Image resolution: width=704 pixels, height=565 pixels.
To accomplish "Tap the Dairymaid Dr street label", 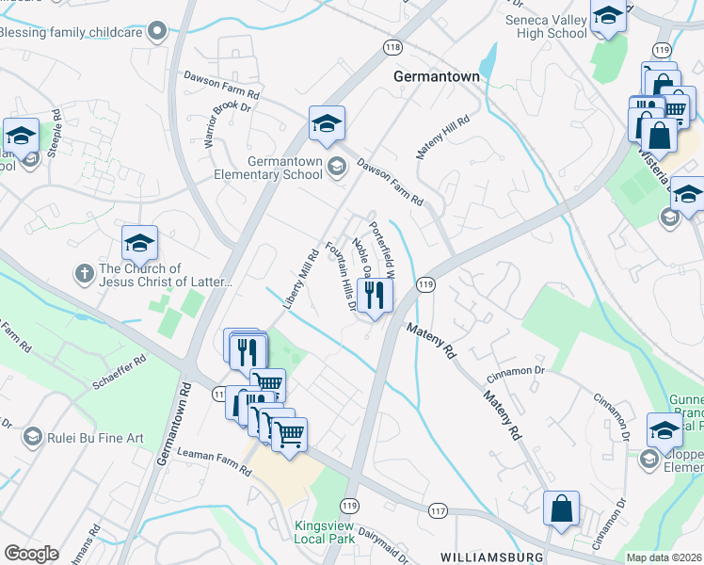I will [387, 545].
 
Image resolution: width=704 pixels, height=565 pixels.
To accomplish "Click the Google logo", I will [31, 553].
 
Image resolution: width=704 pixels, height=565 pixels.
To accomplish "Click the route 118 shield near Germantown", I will [392, 46].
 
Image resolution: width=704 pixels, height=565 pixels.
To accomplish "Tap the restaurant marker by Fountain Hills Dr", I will [375, 296].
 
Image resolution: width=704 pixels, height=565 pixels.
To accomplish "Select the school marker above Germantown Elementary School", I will [327, 123].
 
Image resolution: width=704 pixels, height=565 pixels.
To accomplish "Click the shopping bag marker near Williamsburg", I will [561, 508].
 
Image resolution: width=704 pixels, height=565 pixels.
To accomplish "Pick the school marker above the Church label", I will [139, 244].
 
